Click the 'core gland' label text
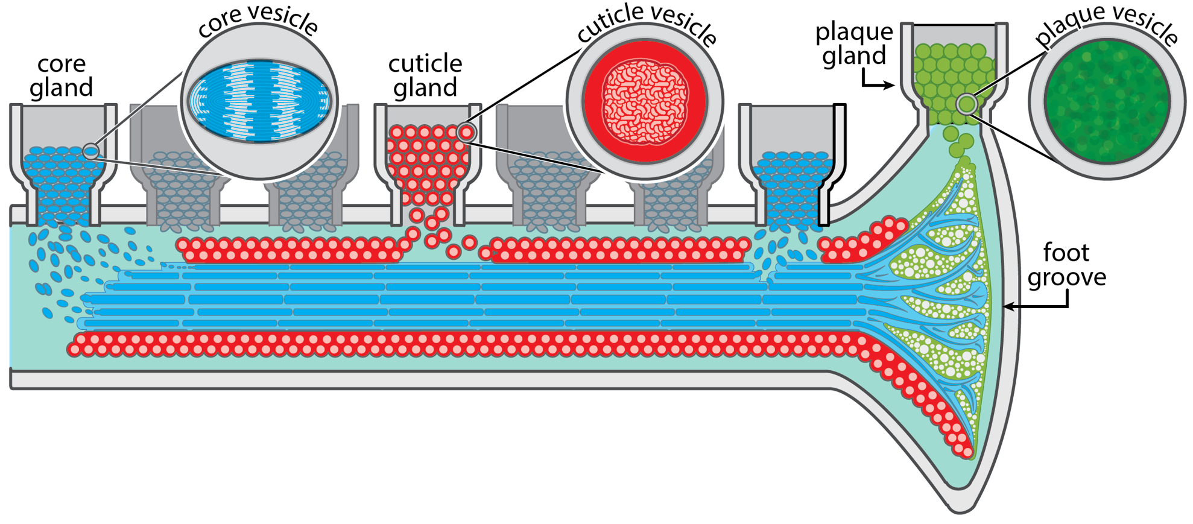click(x=61, y=75)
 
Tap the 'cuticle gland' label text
click(x=425, y=75)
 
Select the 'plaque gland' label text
click(x=853, y=43)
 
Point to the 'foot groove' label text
click(x=1066, y=265)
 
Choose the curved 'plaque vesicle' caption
click(x=1106, y=24)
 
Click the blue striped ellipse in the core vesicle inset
click(x=259, y=101)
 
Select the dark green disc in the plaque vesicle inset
click(x=1107, y=101)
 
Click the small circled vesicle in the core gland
click(x=91, y=151)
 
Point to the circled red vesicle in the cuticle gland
click(x=466, y=132)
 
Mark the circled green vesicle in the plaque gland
click(x=967, y=104)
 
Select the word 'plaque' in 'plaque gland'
click(x=853, y=31)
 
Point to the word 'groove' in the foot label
click(x=1066, y=277)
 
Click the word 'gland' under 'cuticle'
click(x=425, y=88)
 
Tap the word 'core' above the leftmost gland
click(x=61, y=63)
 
